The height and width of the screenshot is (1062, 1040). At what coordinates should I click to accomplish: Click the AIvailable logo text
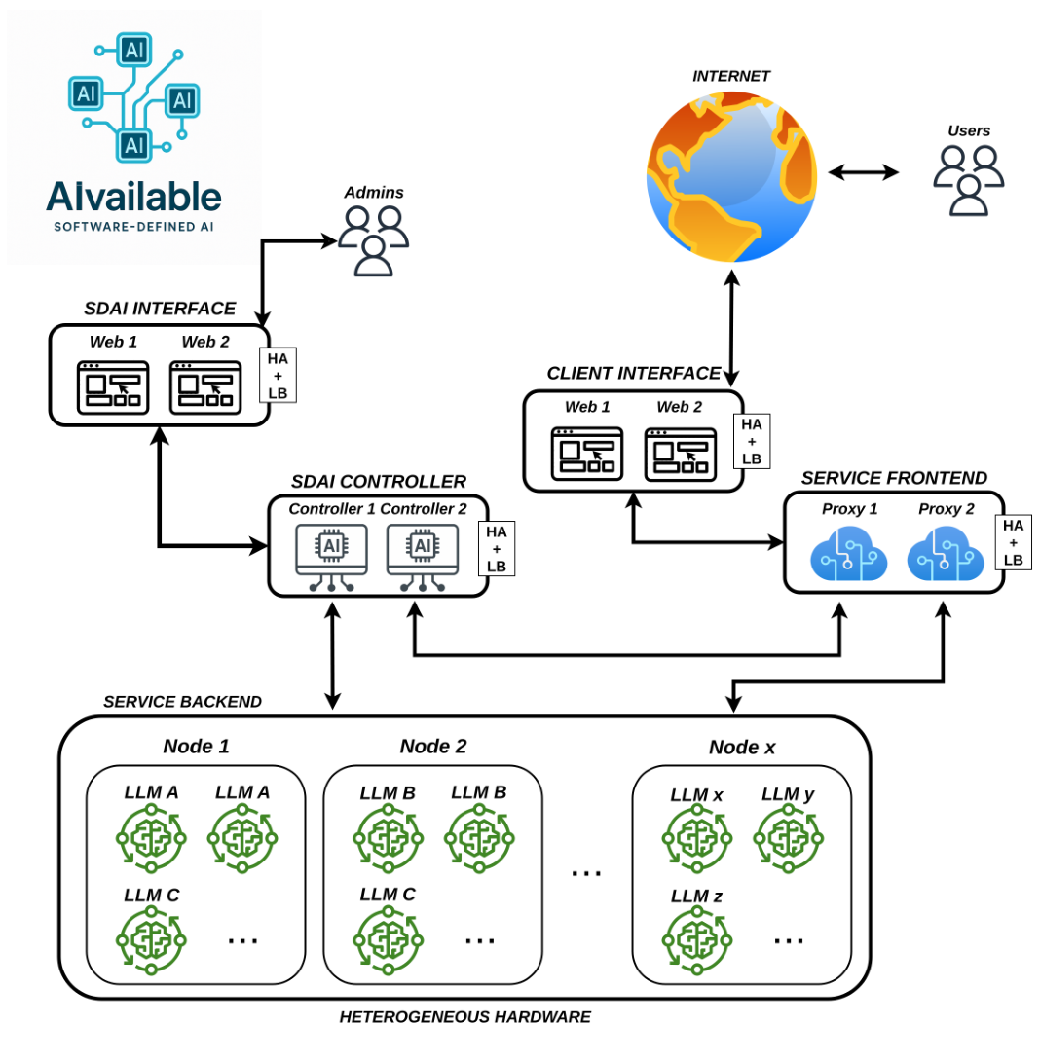tap(133, 198)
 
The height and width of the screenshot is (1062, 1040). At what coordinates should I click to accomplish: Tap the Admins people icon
tap(372, 240)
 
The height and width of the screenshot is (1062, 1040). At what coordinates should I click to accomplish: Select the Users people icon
tap(968, 179)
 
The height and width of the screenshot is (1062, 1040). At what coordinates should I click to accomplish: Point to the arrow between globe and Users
tap(864, 172)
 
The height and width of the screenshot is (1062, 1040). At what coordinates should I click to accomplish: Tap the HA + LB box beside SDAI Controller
tap(496, 549)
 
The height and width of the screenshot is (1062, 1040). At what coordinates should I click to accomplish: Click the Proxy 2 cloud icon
tap(940, 554)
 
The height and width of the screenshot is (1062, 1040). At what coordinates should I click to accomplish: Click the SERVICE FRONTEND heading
tap(894, 478)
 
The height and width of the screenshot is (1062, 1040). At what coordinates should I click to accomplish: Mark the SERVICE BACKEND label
tap(182, 701)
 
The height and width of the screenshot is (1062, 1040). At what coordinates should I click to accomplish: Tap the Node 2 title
tap(432, 747)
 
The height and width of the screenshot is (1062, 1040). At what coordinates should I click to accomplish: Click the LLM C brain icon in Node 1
tap(150, 940)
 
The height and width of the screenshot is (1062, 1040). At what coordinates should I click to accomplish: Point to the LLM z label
tap(695, 896)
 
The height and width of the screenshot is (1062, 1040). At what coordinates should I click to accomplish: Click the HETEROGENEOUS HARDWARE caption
tap(464, 1017)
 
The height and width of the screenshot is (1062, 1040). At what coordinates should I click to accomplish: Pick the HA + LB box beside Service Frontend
tap(1013, 542)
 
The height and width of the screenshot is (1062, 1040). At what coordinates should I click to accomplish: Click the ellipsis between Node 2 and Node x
tap(586, 873)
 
